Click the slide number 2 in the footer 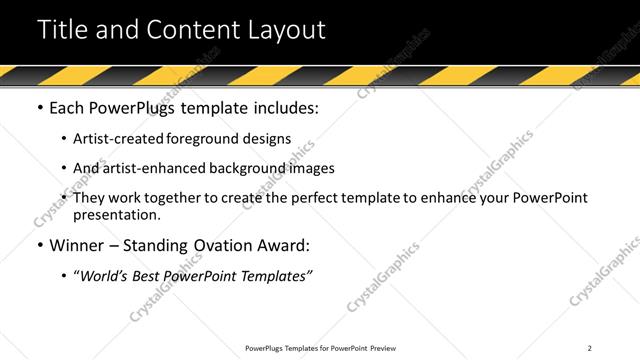(x=590, y=348)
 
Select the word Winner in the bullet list (x=76, y=245)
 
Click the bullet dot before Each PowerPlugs (x=39, y=108)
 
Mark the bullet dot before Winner (x=39, y=245)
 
